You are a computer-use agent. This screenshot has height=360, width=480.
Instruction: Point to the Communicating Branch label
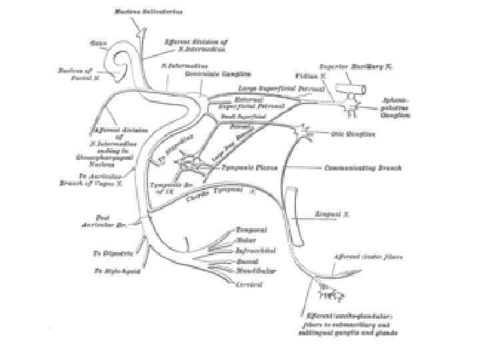[362, 169]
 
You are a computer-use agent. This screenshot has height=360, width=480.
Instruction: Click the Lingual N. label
[329, 215]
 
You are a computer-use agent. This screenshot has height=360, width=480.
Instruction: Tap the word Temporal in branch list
[251, 229]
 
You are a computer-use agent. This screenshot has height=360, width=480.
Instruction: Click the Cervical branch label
[249, 285]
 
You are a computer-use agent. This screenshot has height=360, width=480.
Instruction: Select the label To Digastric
[113, 253]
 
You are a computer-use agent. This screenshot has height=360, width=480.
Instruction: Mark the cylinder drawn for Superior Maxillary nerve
[352, 89]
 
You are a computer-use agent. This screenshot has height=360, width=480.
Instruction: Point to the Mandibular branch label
[257, 273]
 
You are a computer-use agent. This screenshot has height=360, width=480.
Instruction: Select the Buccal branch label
[247, 262]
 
